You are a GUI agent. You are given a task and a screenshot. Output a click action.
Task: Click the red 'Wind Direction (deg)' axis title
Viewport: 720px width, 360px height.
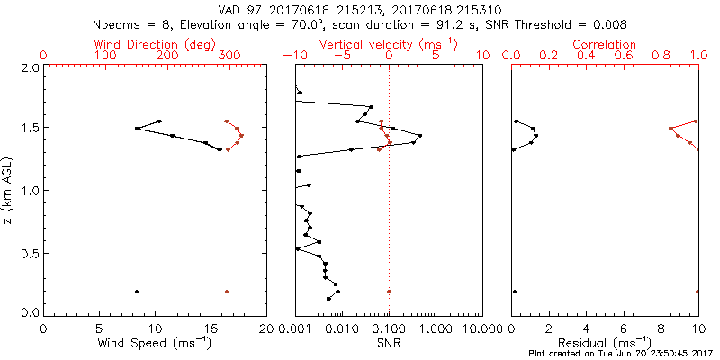coord(156,44)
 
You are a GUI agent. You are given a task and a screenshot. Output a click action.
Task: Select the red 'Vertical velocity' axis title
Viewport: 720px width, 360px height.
coord(388,44)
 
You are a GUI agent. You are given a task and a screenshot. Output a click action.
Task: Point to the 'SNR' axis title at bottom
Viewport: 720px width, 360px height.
coord(388,344)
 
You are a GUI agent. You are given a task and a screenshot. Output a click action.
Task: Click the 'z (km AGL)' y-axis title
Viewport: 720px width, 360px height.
coord(9,191)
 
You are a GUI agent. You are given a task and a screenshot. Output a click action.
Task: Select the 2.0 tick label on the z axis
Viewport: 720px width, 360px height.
coord(30,68)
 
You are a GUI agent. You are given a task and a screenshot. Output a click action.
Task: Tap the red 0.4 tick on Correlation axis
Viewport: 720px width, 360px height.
coord(586,56)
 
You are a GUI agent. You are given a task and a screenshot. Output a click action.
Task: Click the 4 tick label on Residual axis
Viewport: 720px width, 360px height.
coord(586,328)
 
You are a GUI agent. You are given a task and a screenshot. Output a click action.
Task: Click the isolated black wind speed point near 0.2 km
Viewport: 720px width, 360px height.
coord(137,292)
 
